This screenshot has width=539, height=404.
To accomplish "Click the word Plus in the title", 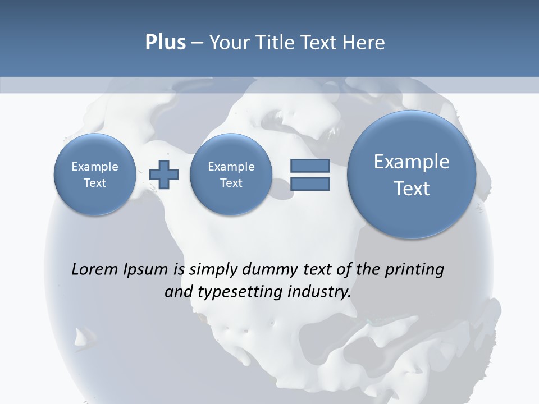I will click(x=165, y=43).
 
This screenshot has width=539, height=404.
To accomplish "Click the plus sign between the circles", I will click(x=164, y=175).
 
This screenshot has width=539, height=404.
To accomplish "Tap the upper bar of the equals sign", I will click(x=309, y=166).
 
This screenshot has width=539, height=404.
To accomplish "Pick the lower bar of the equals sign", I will click(x=309, y=184).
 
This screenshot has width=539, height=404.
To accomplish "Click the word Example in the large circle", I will click(x=412, y=162).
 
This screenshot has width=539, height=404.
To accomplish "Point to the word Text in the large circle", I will click(x=412, y=189).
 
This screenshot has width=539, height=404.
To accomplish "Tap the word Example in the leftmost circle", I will click(x=94, y=167).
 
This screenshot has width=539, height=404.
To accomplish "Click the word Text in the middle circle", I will click(x=231, y=183).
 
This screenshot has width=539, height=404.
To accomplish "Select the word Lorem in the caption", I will click(x=95, y=269).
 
